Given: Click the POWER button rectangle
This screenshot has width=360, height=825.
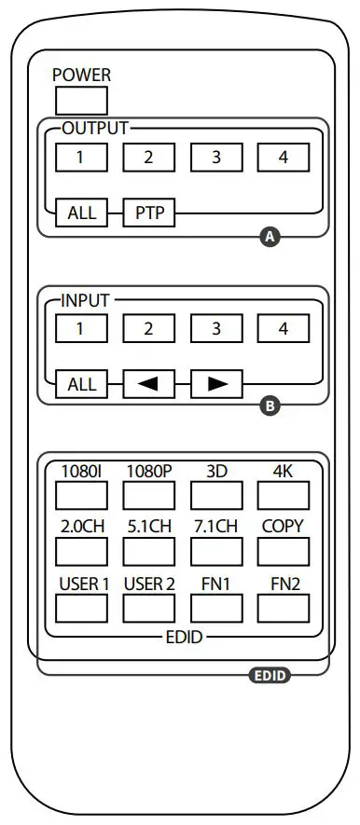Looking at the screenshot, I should [x=80, y=100].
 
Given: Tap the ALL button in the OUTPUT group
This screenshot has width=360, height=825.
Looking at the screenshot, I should [x=80, y=212].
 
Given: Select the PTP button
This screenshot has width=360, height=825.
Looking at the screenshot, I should [x=148, y=212].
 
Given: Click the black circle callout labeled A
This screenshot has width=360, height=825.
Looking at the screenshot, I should [x=270, y=238].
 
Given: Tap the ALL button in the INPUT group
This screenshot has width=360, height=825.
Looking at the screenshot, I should [x=80, y=383].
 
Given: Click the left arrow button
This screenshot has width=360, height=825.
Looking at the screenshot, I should [x=148, y=383].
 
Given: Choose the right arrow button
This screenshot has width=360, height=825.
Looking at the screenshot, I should [x=216, y=383].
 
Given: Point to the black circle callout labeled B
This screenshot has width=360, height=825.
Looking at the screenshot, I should [x=270, y=406].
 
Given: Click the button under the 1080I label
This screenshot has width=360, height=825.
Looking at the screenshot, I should [x=80, y=494].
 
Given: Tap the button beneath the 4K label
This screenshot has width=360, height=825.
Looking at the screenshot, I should [x=284, y=494].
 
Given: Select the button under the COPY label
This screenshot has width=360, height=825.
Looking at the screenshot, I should [x=284, y=551].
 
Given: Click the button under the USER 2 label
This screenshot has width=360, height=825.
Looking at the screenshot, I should [x=148, y=608].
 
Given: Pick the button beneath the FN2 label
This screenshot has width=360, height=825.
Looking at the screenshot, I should [x=284, y=608].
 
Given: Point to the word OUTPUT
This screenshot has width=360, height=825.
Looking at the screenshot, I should [x=94, y=128].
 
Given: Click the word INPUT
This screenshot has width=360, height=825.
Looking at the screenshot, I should [x=85, y=300].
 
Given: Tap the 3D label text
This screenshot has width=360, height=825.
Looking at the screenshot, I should [x=216, y=471].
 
